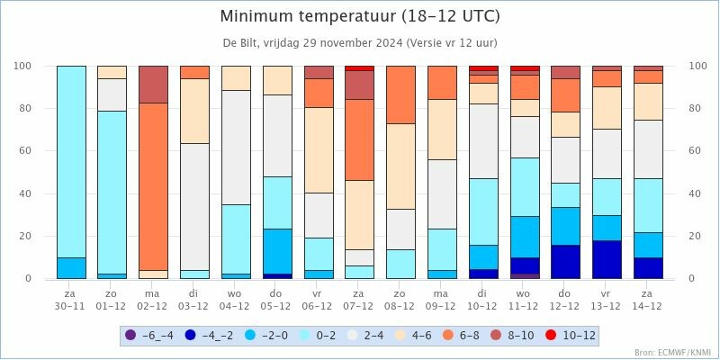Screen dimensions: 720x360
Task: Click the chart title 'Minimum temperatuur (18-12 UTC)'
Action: click(360, 16)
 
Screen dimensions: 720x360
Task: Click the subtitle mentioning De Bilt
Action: click(360, 43)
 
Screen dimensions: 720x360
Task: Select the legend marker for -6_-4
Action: click(130, 335)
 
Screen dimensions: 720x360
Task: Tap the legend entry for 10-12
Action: click(567, 335)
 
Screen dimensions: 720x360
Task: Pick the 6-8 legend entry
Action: click(462, 335)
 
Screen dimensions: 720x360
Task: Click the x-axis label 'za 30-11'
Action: click(71, 300)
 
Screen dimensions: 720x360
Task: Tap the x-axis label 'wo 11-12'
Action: click(525, 300)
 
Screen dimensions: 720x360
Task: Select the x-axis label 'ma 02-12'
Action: click(153, 300)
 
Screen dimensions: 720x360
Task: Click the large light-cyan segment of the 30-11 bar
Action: click(71, 162)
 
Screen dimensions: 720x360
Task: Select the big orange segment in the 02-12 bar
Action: click(153, 186)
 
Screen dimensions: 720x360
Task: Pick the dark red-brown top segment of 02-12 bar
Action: click(153, 85)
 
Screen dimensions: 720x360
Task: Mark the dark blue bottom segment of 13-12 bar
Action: click(607, 259)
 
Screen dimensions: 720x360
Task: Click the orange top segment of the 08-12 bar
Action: click(400, 94)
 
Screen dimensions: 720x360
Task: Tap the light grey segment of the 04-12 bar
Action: click(236, 148)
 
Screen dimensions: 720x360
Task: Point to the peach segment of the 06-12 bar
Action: click(319, 150)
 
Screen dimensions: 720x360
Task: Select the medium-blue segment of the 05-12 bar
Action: click(277, 251)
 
